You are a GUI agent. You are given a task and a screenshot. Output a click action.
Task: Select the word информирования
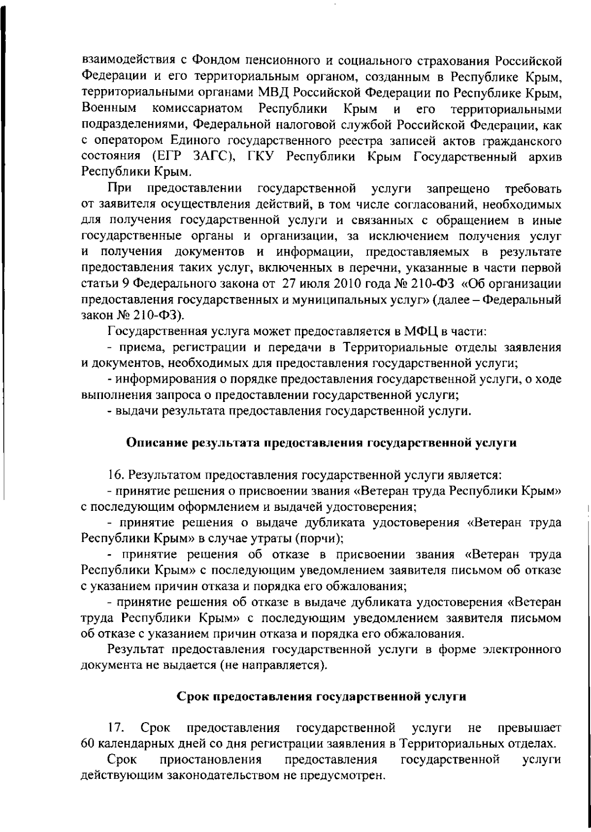[x=156, y=379]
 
